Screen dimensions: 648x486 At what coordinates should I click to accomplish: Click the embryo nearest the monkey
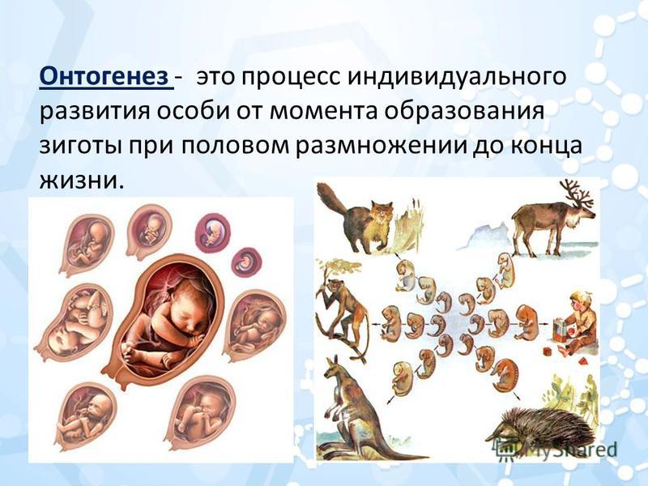tap(390, 323)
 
